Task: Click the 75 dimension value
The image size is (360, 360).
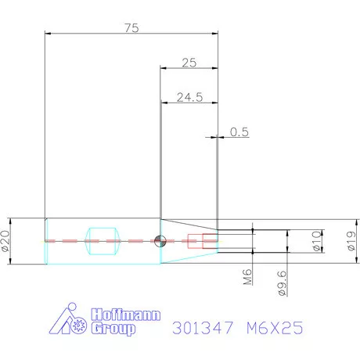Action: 131,27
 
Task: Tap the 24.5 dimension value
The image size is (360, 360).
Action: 188,97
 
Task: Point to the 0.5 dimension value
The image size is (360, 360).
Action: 239,132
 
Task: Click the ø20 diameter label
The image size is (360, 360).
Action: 6,240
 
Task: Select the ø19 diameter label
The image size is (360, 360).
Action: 351,240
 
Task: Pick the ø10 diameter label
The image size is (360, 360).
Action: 317,241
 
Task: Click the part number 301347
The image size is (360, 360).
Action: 199,329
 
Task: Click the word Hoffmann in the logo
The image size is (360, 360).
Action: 125,315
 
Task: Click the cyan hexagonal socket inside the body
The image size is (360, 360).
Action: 102,240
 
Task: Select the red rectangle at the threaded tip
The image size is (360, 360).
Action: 209,240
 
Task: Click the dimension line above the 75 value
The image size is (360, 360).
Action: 131,34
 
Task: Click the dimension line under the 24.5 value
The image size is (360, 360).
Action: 188,103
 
